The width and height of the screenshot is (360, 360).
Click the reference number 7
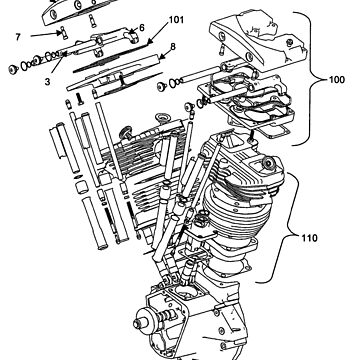click(x=18, y=37)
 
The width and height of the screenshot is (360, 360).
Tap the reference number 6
click(x=142, y=28)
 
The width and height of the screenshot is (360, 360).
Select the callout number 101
click(x=176, y=20)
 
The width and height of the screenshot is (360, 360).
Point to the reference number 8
click(x=173, y=46)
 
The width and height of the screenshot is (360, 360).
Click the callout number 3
click(x=48, y=81)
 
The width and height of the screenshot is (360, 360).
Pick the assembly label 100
click(x=337, y=80)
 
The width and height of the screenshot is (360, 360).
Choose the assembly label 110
click(x=310, y=238)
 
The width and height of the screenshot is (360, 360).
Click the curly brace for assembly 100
click(x=311, y=79)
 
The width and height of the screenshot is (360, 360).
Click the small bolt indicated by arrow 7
click(x=63, y=34)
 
